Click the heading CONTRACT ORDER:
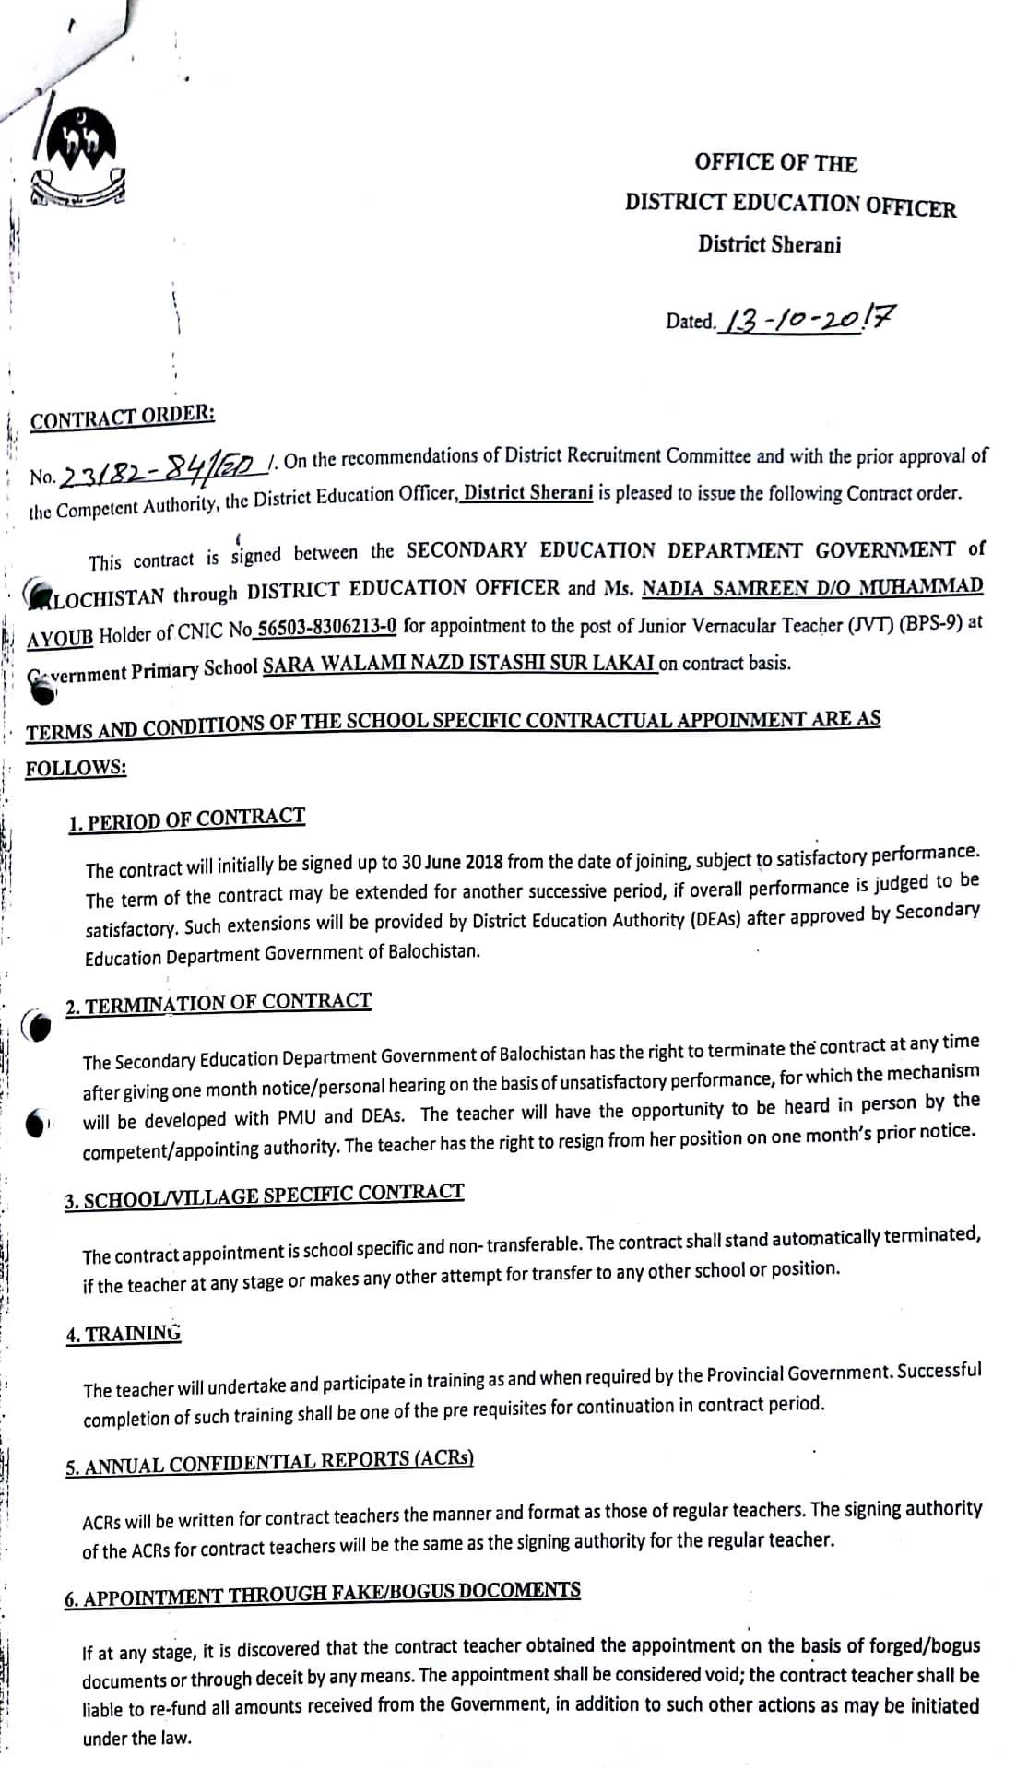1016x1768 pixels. [123, 418]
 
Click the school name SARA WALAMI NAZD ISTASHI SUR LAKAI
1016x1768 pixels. [459, 664]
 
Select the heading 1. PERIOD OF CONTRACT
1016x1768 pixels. [186, 819]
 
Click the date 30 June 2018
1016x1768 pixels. [453, 864]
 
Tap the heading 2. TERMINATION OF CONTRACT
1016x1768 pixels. [219, 1003]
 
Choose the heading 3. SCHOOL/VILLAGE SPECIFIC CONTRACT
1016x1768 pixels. [264, 1195]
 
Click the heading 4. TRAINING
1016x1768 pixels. [124, 1334]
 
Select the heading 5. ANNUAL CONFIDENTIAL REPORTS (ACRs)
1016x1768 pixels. [269, 1462]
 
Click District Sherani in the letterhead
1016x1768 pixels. [769, 244]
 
